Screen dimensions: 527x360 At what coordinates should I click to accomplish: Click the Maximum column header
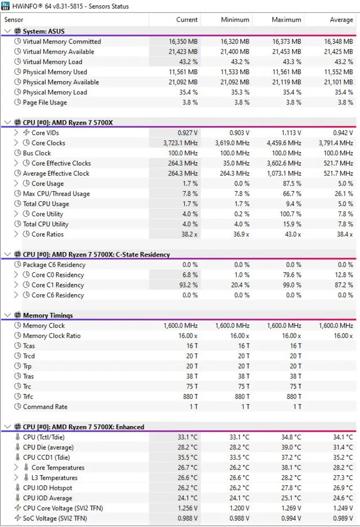286,20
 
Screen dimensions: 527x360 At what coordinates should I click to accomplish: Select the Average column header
341,20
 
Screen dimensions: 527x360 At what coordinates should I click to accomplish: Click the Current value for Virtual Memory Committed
183,42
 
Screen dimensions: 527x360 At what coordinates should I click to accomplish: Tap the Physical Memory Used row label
55,72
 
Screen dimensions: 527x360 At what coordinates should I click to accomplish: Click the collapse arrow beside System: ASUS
7,31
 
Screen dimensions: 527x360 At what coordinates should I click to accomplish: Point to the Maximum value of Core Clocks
284,143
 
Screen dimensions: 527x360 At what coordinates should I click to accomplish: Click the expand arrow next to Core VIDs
16,133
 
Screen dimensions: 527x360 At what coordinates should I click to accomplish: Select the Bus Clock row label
37,153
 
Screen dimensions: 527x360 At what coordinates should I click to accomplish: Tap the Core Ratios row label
47,235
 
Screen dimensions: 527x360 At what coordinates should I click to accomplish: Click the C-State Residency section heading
96,255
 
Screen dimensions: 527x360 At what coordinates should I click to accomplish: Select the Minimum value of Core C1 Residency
239,285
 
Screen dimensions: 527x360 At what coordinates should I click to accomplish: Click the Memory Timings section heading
48,315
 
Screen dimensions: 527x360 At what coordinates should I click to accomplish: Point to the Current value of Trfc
190,397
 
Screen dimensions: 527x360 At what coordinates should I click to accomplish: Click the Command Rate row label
45,407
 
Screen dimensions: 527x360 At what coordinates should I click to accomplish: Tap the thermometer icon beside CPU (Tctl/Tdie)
18,437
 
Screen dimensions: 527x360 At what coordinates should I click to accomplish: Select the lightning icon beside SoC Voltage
18,518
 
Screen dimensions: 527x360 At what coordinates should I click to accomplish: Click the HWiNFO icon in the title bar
6,6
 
